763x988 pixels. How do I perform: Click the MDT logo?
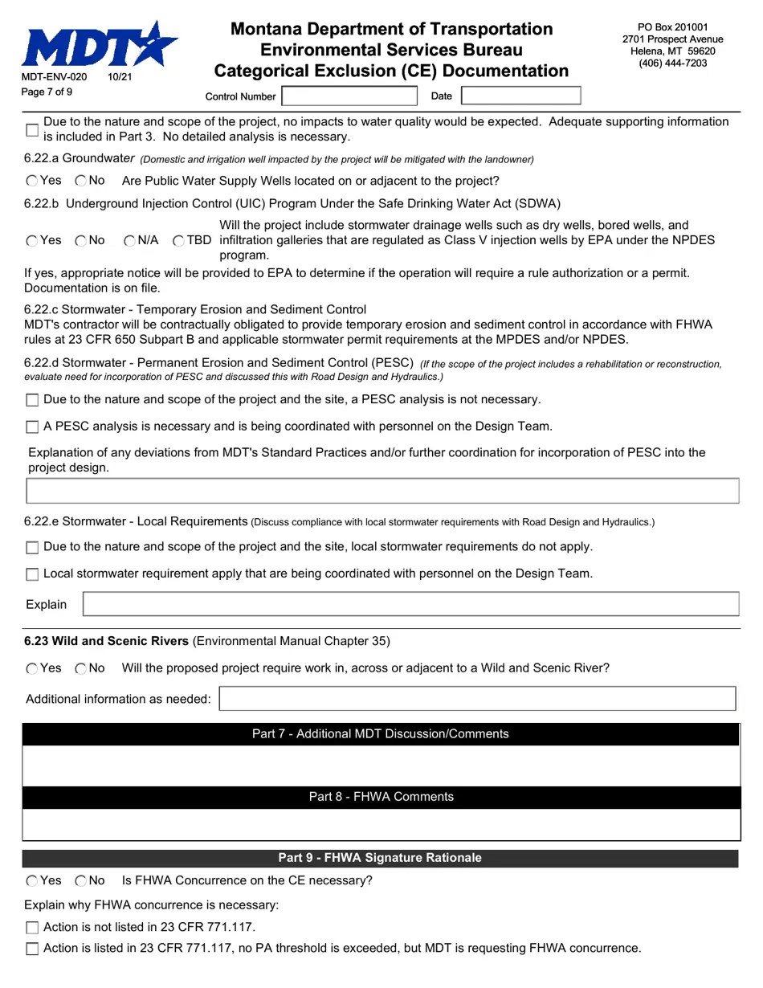[99, 45]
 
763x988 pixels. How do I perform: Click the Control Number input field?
[349, 96]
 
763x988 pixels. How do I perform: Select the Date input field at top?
[520, 96]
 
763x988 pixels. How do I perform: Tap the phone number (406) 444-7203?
[672, 63]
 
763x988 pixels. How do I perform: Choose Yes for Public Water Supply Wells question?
[32, 182]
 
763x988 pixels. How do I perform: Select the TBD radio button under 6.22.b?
[178, 241]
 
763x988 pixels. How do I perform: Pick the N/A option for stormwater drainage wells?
[130, 241]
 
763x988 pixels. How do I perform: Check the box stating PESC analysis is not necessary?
[32, 400]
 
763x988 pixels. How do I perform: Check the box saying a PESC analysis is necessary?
[32, 427]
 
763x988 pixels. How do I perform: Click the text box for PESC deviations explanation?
[382, 491]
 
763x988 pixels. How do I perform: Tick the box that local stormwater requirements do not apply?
[32, 548]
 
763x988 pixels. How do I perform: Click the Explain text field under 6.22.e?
[410, 604]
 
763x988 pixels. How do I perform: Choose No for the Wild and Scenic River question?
[81, 669]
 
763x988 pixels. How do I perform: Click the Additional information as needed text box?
[477, 699]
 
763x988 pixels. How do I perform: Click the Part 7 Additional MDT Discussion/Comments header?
[380, 734]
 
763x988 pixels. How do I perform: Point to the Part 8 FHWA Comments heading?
[381, 797]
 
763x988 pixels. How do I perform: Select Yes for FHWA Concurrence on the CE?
[32, 881]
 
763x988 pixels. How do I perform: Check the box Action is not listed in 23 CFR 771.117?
[32, 928]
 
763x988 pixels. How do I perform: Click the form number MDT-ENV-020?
[54, 77]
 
